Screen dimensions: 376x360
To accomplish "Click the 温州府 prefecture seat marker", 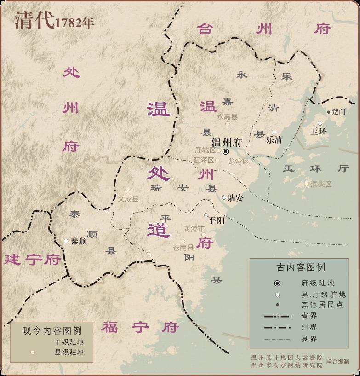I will (226, 151).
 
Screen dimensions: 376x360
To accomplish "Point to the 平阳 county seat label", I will (216, 220).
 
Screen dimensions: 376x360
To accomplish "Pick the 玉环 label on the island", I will (319, 131).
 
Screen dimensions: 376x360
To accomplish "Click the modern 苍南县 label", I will (183, 248).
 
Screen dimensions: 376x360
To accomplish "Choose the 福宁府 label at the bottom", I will (140, 328).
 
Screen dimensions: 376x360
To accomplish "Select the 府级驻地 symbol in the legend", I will (277, 283).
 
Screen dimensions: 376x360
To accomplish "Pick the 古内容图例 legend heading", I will (301, 267).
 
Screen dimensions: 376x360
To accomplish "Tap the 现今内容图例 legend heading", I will (52, 331).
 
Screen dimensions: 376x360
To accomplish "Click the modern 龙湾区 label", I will (238, 162).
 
